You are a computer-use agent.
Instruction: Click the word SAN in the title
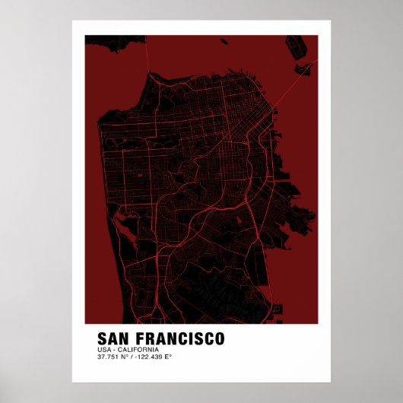(114, 337)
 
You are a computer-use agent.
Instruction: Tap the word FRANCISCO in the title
(179, 337)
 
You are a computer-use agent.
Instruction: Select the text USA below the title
(103, 349)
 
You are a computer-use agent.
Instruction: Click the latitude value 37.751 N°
(113, 357)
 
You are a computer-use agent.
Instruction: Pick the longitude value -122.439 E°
(155, 357)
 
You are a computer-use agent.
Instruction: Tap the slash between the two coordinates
(132, 357)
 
